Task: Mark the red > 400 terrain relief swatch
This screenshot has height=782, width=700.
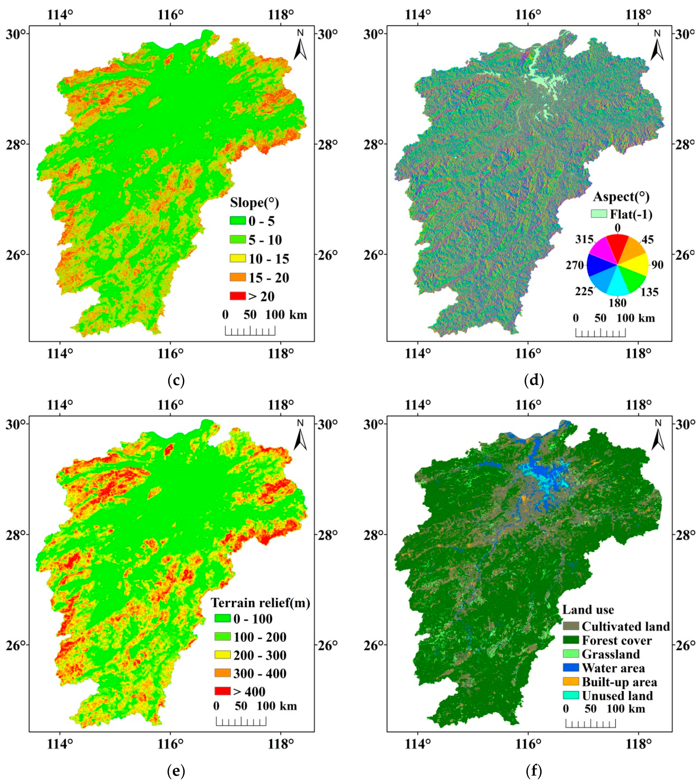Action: click(x=222, y=691)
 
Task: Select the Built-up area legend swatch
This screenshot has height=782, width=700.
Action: click(x=571, y=682)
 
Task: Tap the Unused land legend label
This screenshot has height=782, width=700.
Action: click(x=617, y=695)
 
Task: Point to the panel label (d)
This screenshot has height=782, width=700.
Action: click(x=534, y=380)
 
